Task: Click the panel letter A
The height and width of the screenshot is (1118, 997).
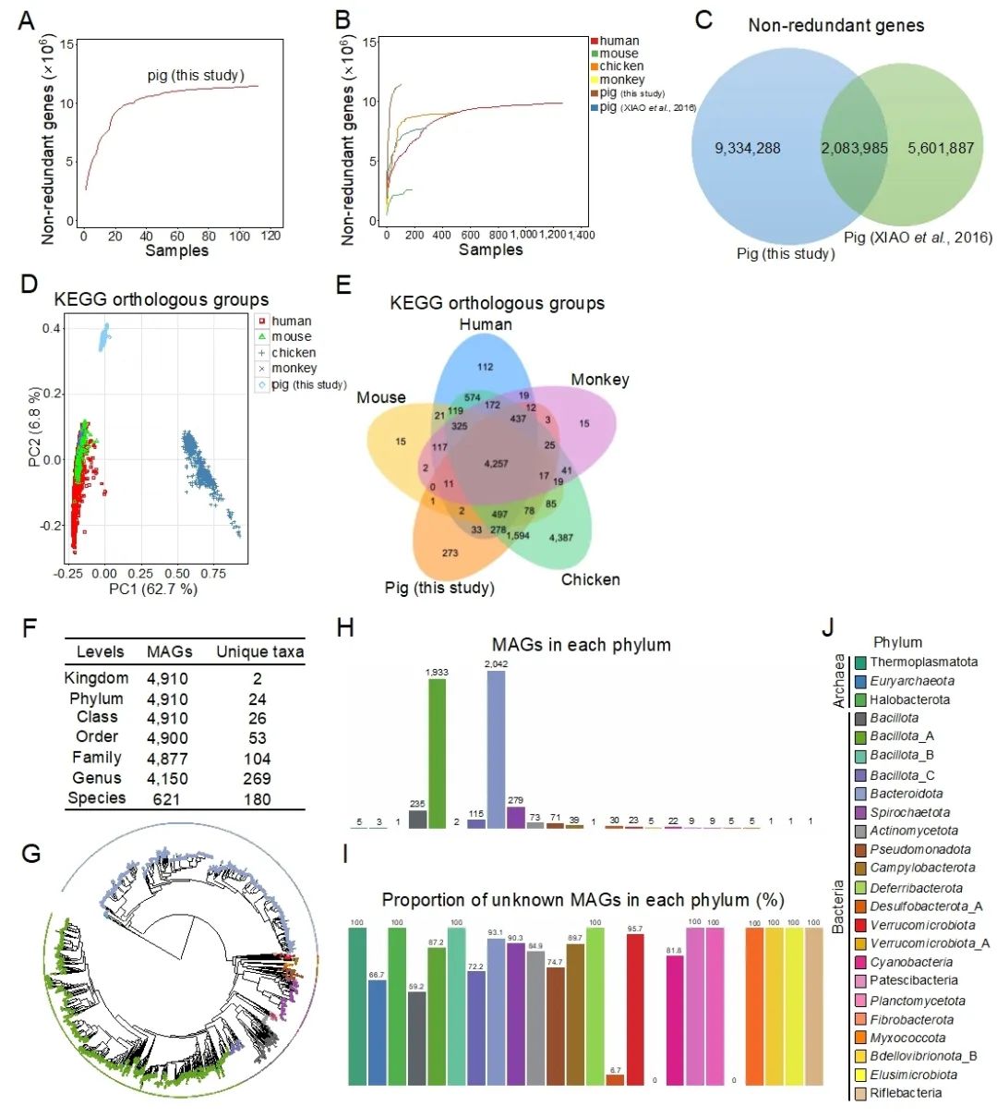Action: click(28, 19)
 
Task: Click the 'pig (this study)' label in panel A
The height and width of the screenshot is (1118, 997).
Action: click(196, 75)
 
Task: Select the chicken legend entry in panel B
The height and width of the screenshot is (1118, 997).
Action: click(621, 67)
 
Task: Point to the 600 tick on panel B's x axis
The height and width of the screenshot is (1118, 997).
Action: click(470, 235)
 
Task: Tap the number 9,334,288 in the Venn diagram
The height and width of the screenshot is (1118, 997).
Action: click(748, 148)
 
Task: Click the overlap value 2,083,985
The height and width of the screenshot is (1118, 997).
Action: click(855, 148)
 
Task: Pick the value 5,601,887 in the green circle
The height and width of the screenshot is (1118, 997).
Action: click(941, 148)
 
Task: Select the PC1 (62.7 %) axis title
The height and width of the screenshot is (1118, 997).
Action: click(153, 589)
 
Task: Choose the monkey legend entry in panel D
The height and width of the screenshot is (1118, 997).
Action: click(294, 369)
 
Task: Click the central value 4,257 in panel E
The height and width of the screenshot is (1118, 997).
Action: click(495, 464)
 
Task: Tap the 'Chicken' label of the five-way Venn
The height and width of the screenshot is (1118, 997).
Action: click(591, 579)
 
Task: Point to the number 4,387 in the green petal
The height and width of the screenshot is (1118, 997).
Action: click(560, 538)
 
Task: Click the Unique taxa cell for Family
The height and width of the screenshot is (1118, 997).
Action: click(258, 759)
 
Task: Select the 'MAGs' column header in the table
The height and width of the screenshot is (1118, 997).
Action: click(169, 651)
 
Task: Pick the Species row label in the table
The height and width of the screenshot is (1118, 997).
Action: click(96, 798)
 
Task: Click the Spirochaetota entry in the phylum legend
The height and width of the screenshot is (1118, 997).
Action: click(909, 812)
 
